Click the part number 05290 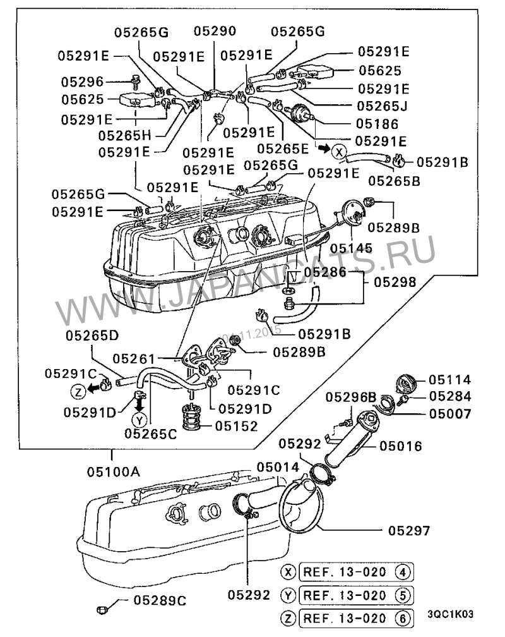214,30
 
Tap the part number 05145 352,248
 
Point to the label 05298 395,282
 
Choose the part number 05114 450,380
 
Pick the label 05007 450,415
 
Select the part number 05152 236,426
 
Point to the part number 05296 82,82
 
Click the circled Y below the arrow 140,420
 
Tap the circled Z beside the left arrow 77,392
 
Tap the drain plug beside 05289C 103,608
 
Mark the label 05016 401,446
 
